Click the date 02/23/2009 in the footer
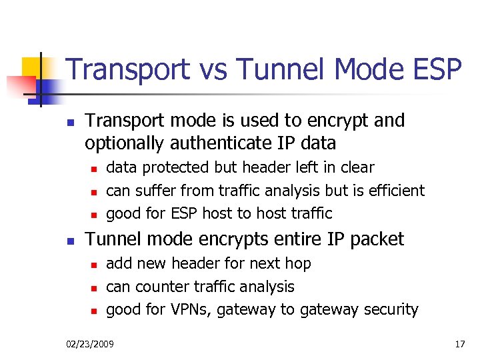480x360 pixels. [x=90, y=344]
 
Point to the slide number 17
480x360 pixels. [x=459, y=344]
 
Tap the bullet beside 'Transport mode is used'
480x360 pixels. [x=69, y=123]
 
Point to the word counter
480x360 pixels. [x=157, y=287]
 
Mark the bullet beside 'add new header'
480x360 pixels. [x=94, y=265]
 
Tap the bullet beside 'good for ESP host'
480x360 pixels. [x=94, y=215]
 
